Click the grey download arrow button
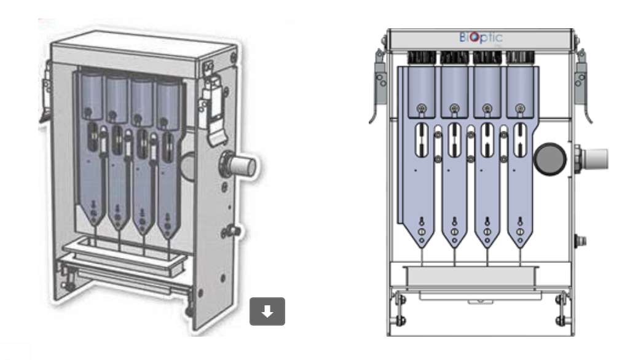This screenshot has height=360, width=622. tap(267, 311)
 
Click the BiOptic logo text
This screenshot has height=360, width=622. tap(481, 37)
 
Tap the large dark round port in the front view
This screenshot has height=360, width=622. tap(550, 159)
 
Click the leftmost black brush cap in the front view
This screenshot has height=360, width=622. tap(422, 58)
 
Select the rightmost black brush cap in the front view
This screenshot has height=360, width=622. tap(521, 58)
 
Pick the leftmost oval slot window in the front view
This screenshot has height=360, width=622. tap(421, 139)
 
